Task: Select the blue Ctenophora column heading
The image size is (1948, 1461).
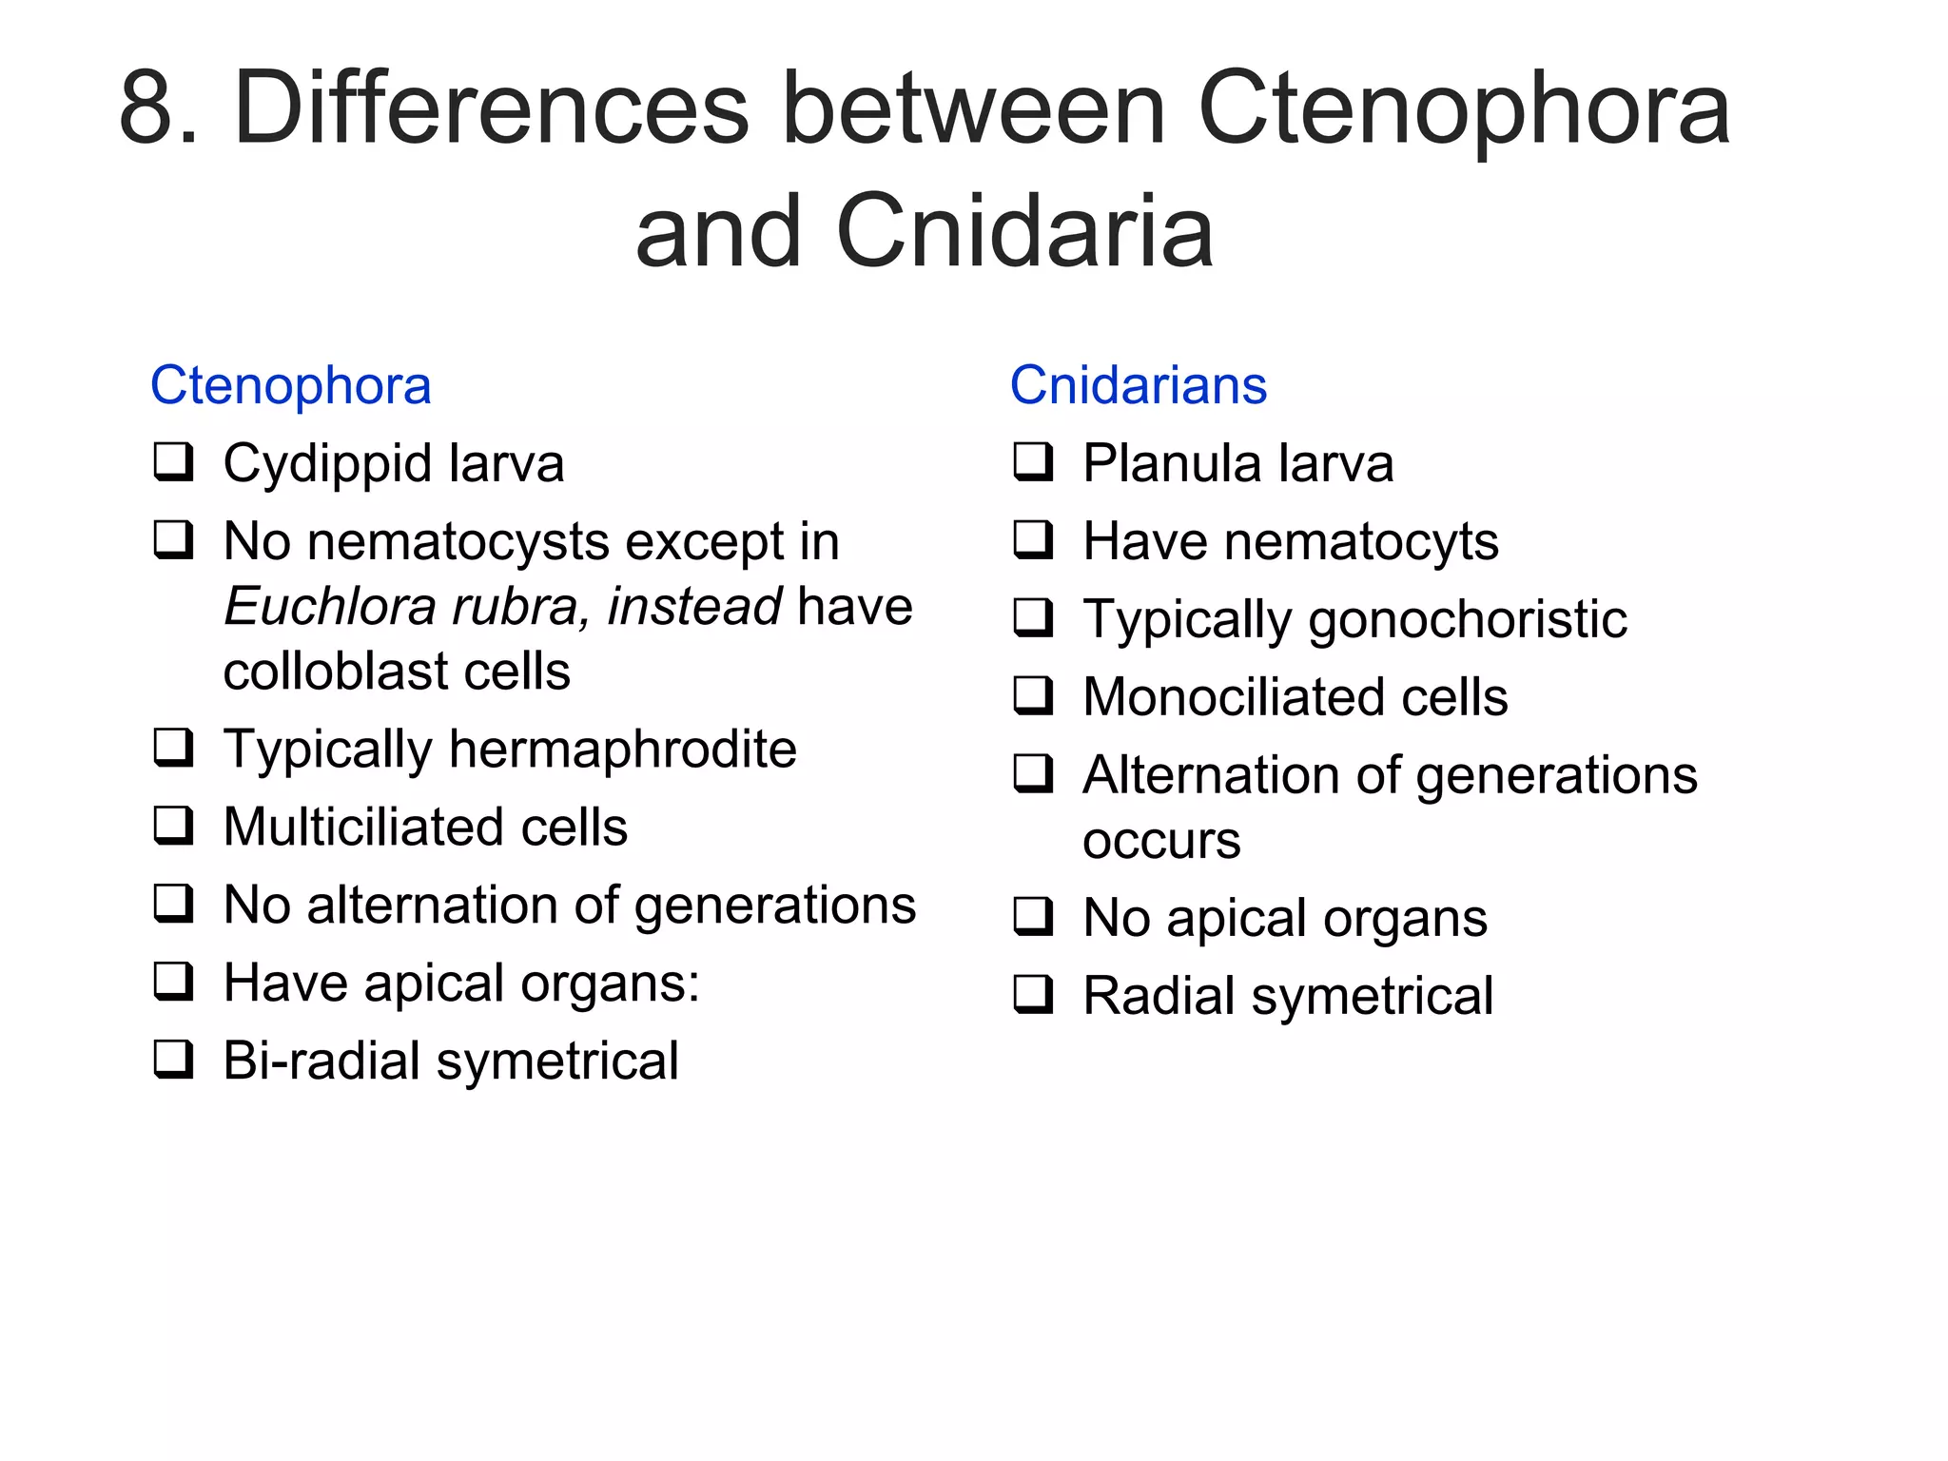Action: (290, 386)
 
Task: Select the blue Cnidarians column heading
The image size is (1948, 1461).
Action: (1138, 386)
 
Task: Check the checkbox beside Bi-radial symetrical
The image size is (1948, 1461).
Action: (174, 1059)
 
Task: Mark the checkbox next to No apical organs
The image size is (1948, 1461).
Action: (1033, 916)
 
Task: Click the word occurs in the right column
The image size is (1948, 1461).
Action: (1160, 842)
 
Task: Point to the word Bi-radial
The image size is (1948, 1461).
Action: (321, 1061)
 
